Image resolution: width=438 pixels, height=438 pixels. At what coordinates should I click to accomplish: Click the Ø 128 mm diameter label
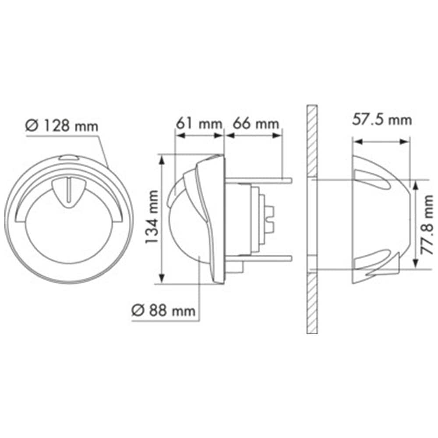point(62,126)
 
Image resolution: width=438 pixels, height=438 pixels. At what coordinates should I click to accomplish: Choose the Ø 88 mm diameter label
point(163,310)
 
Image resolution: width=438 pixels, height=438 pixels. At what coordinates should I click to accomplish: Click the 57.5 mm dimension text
point(382,120)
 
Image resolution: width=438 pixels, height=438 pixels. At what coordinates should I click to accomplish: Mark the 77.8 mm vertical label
point(427,225)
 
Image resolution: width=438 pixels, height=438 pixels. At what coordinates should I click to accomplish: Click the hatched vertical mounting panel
point(312,219)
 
